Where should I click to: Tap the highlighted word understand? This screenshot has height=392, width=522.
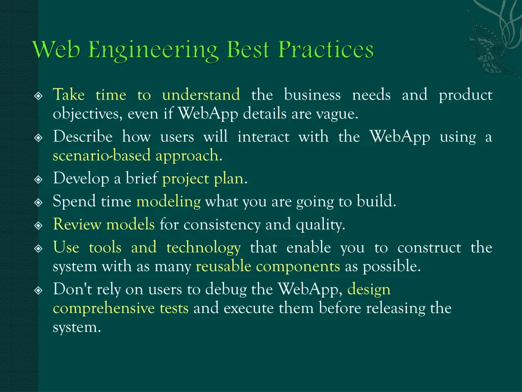point(201,95)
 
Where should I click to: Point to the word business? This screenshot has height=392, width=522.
point(312,95)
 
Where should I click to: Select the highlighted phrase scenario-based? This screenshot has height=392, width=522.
point(102,156)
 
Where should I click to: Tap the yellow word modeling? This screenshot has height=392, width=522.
point(168,202)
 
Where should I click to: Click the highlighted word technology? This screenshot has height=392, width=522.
point(203,248)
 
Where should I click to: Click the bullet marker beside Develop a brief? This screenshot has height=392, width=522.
point(40,180)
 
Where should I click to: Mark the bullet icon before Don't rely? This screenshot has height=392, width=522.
point(40,290)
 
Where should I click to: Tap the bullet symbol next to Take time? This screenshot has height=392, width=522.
point(40,96)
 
